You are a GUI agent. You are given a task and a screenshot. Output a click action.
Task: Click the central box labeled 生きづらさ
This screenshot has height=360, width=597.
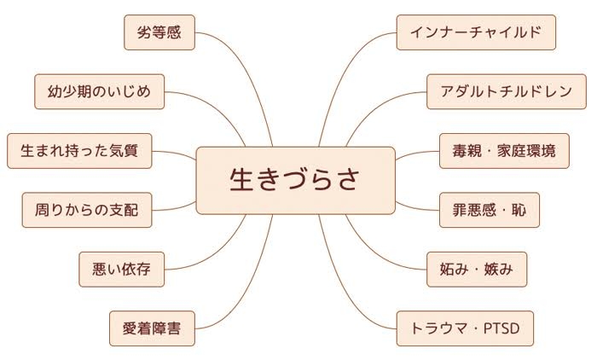[295, 180]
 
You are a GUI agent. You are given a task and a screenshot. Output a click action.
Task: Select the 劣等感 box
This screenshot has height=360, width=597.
[159, 32]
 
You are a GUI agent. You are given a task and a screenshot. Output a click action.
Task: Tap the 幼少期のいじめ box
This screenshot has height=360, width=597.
[100, 92]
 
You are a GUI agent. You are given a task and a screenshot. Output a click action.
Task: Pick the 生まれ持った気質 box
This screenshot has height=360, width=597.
[79, 151]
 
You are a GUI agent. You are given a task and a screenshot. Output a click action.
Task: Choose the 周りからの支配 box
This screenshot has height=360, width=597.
[87, 210]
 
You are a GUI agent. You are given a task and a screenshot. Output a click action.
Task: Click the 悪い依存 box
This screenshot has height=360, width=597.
[121, 270]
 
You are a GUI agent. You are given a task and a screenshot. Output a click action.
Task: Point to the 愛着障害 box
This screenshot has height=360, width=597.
[152, 328]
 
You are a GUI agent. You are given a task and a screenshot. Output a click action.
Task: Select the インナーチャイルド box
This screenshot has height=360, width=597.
[476, 32]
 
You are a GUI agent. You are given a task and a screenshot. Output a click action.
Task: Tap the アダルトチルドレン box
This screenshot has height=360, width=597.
[507, 92]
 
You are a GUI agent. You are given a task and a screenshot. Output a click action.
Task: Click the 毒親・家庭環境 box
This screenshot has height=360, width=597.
[504, 151]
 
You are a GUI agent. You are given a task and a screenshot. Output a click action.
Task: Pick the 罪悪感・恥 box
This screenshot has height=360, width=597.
[490, 210]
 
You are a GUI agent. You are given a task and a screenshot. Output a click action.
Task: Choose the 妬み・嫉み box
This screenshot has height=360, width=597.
[477, 270]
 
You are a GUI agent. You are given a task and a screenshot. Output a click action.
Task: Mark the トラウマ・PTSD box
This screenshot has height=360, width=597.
[465, 328]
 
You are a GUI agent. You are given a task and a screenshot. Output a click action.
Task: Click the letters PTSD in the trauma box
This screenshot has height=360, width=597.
[501, 328]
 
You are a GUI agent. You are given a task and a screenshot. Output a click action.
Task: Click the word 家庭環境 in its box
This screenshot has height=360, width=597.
[526, 151]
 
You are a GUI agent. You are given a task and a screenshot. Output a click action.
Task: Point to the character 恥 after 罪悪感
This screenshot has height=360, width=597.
[519, 210]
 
